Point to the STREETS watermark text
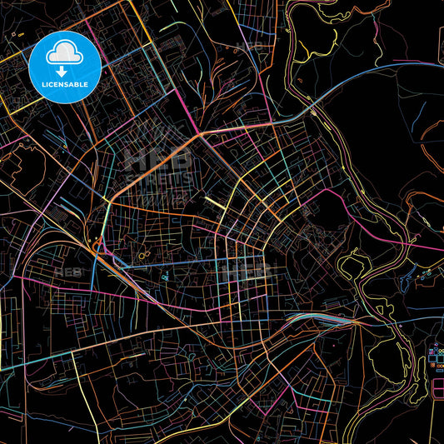tap(158, 178)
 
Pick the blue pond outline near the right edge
tap(426, 274)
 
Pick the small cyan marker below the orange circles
tap(164, 276)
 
